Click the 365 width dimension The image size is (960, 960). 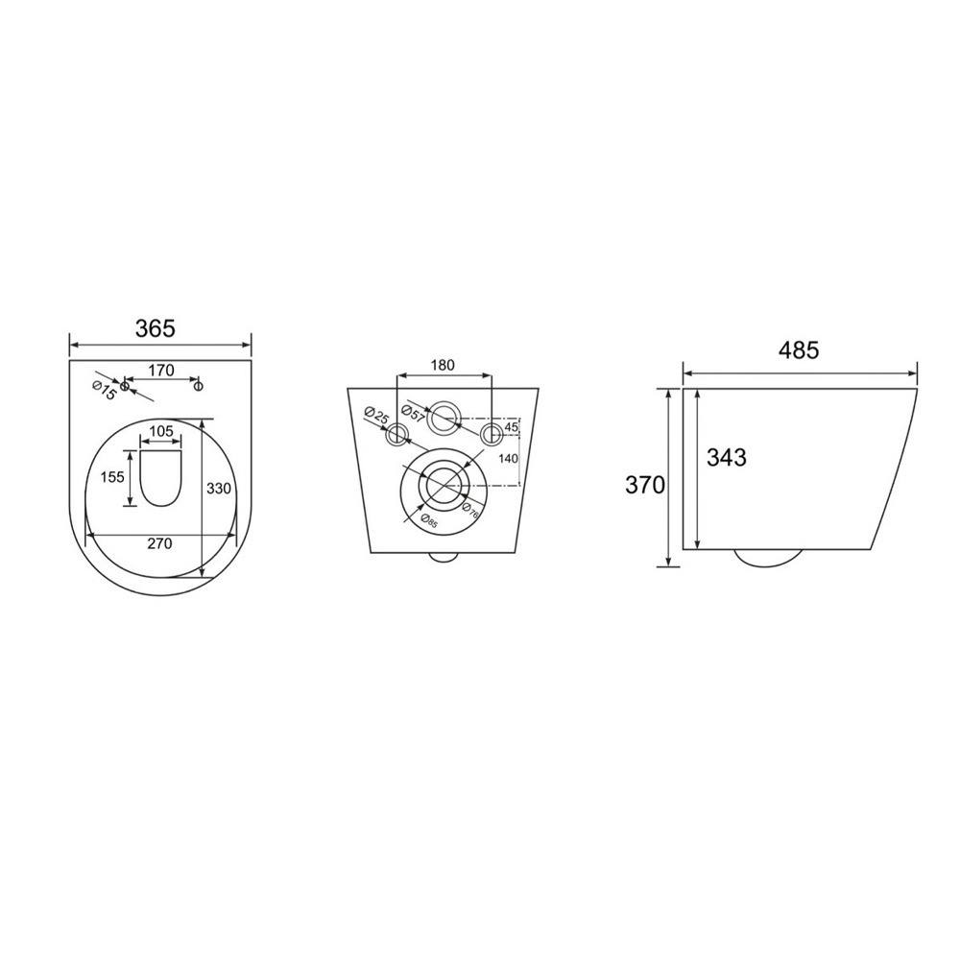coord(155,328)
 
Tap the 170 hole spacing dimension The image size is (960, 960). coord(161,371)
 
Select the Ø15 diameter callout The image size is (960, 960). coord(104,391)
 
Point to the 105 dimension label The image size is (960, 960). coord(161,431)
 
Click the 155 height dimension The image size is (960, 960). coord(112,477)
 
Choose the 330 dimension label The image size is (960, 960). coord(219,489)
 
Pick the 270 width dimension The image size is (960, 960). coord(159,543)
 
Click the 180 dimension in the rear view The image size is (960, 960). coord(443,365)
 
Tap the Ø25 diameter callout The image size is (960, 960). coord(376,417)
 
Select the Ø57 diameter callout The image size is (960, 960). coord(413,413)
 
